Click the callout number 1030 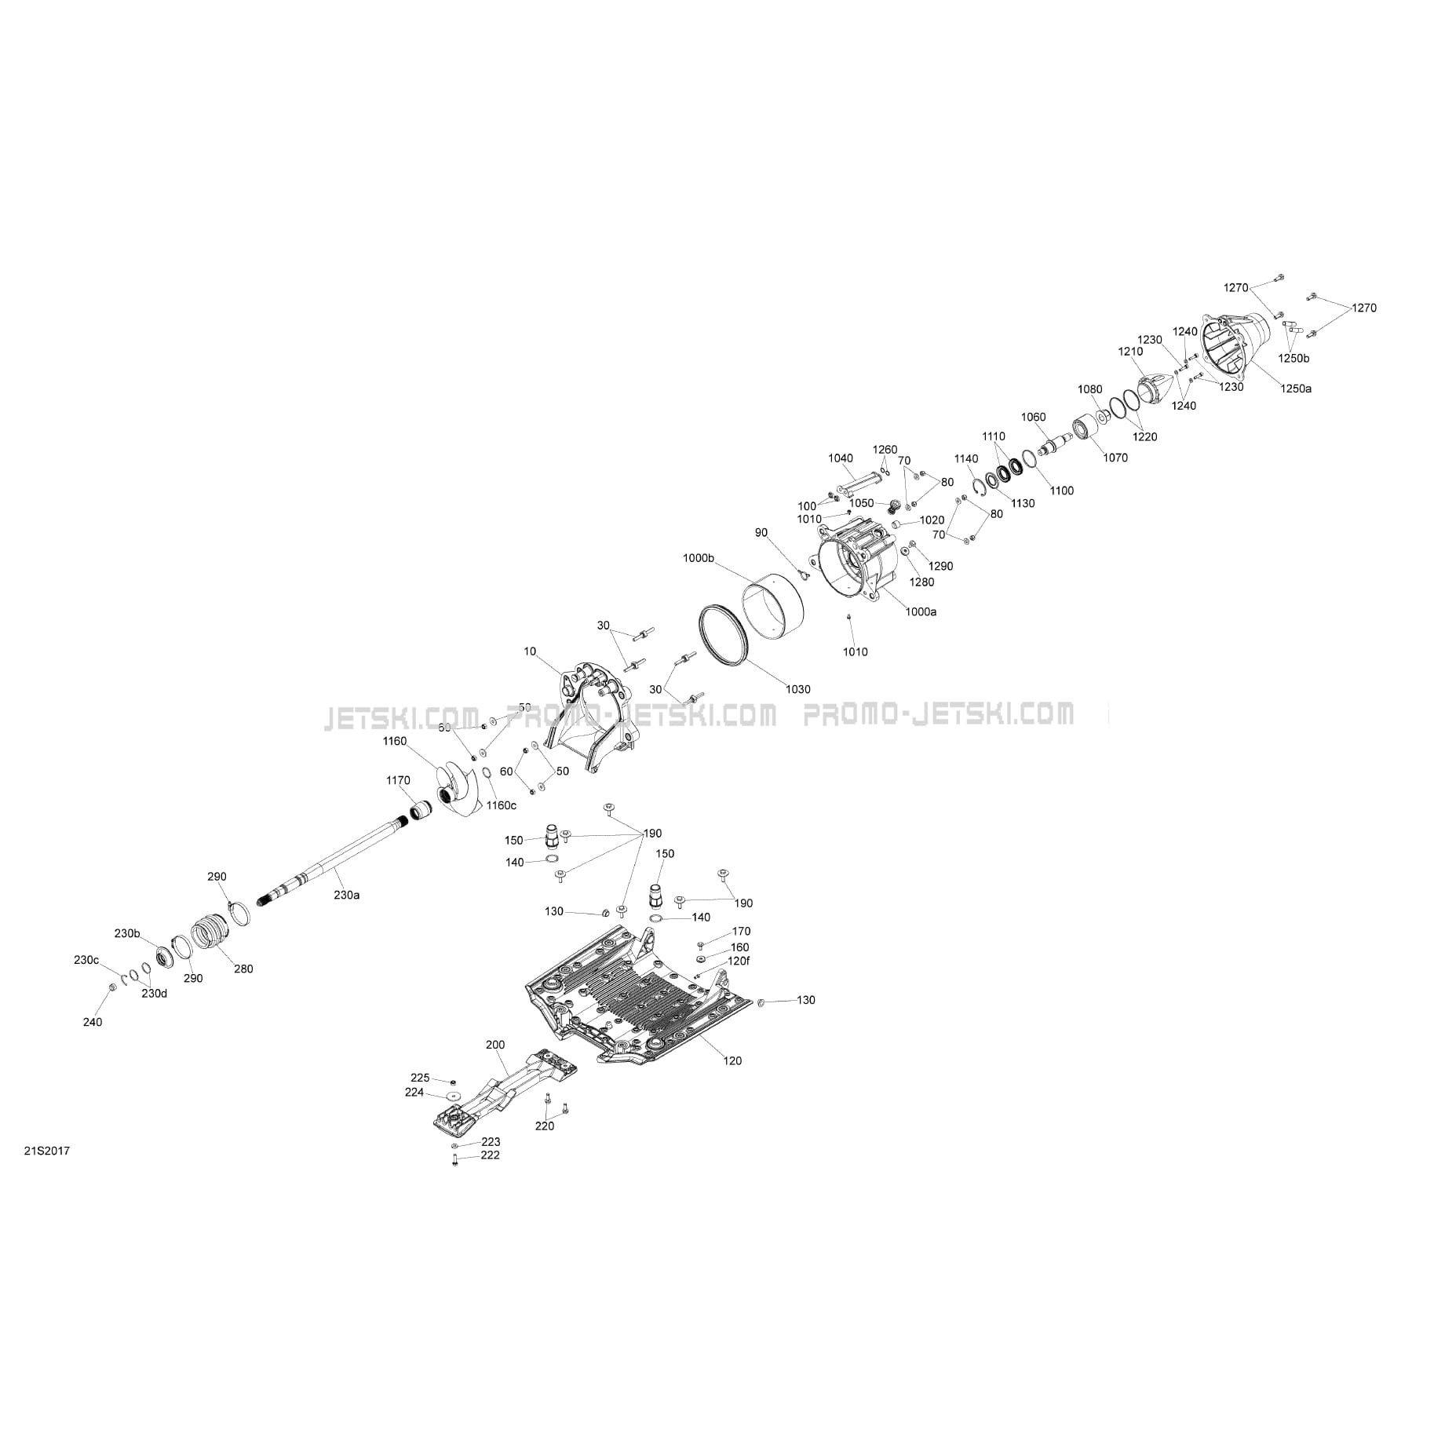797,689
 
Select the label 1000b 699,558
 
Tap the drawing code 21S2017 47,1151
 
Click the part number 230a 347,895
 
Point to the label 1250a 1296,388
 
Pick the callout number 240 93,1022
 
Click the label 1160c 502,805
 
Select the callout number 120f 739,961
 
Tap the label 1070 1115,458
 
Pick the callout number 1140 966,459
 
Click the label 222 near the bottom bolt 491,1155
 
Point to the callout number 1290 940,566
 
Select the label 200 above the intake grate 495,1045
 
